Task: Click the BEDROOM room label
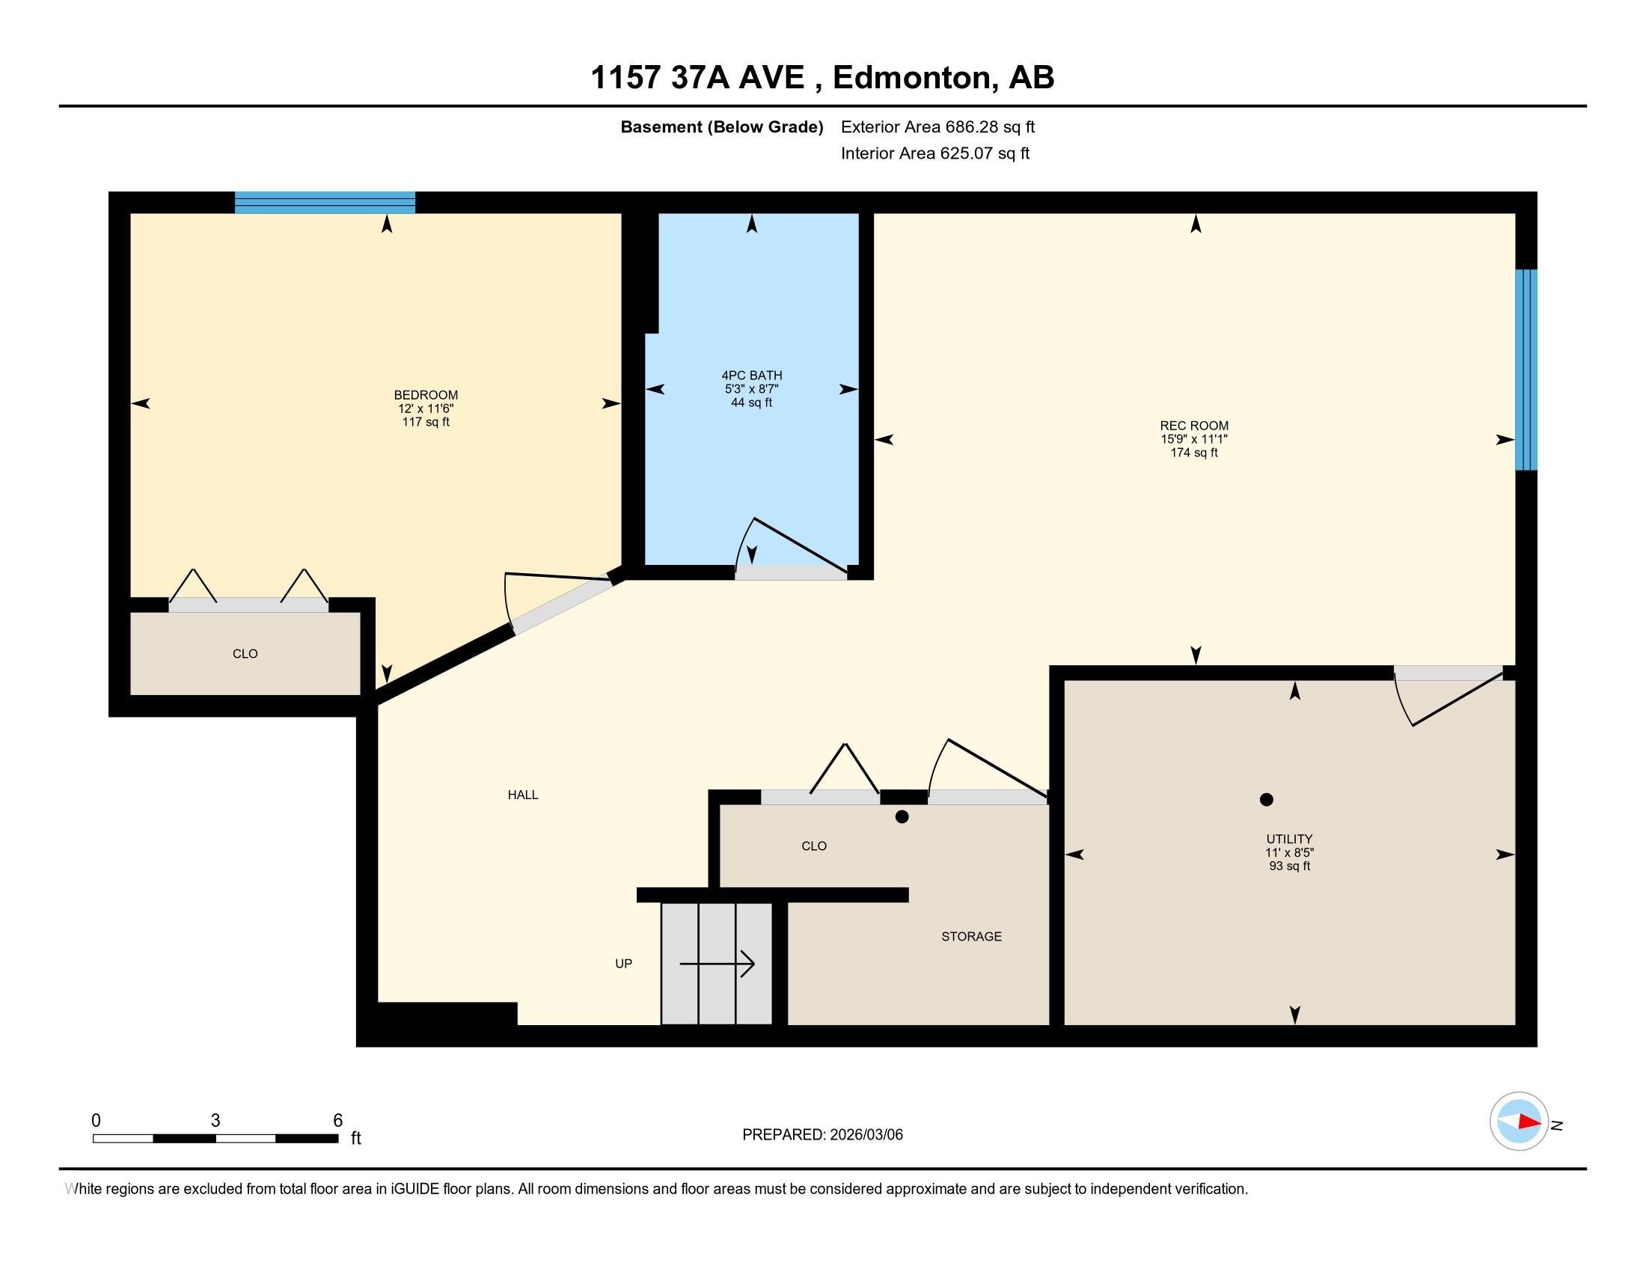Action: [426, 395]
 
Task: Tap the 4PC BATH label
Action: [751, 376]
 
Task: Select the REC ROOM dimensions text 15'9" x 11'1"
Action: [1194, 439]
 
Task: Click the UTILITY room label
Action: [1289, 839]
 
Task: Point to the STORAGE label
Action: [970, 937]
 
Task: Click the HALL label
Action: [522, 795]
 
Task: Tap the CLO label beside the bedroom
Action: [245, 654]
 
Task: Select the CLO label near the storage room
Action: [813, 846]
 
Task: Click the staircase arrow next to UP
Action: [717, 963]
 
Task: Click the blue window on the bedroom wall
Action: [325, 203]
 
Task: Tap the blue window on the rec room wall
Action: [1526, 369]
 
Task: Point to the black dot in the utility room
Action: [1266, 800]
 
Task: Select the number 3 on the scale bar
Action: [215, 1121]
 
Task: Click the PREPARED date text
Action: [822, 1135]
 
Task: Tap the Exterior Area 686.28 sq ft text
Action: [937, 127]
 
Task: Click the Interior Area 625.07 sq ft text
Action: [934, 153]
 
